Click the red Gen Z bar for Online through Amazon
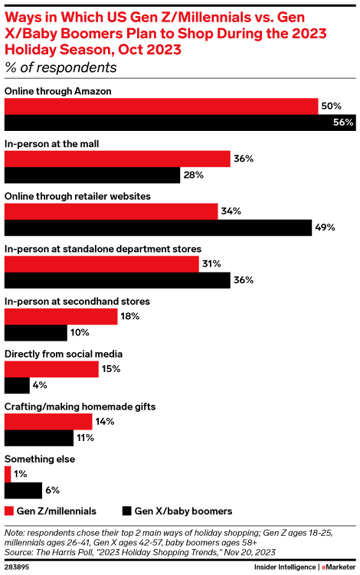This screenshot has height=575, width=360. (x=162, y=106)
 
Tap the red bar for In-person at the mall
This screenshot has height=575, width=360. (x=118, y=158)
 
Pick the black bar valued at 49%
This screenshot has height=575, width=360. (x=159, y=227)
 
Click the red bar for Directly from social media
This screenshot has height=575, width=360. (x=52, y=369)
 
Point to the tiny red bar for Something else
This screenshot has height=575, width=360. (x=8, y=474)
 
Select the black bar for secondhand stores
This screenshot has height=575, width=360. (x=36, y=333)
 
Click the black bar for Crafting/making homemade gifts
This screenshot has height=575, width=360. (x=38, y=438)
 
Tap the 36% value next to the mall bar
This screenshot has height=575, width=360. (x=244, y=158)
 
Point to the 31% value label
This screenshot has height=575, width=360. (x=211, y=263)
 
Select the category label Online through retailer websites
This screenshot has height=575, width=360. (x=77, y=196)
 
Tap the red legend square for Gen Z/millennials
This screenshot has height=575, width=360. (x=9, y=511)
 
